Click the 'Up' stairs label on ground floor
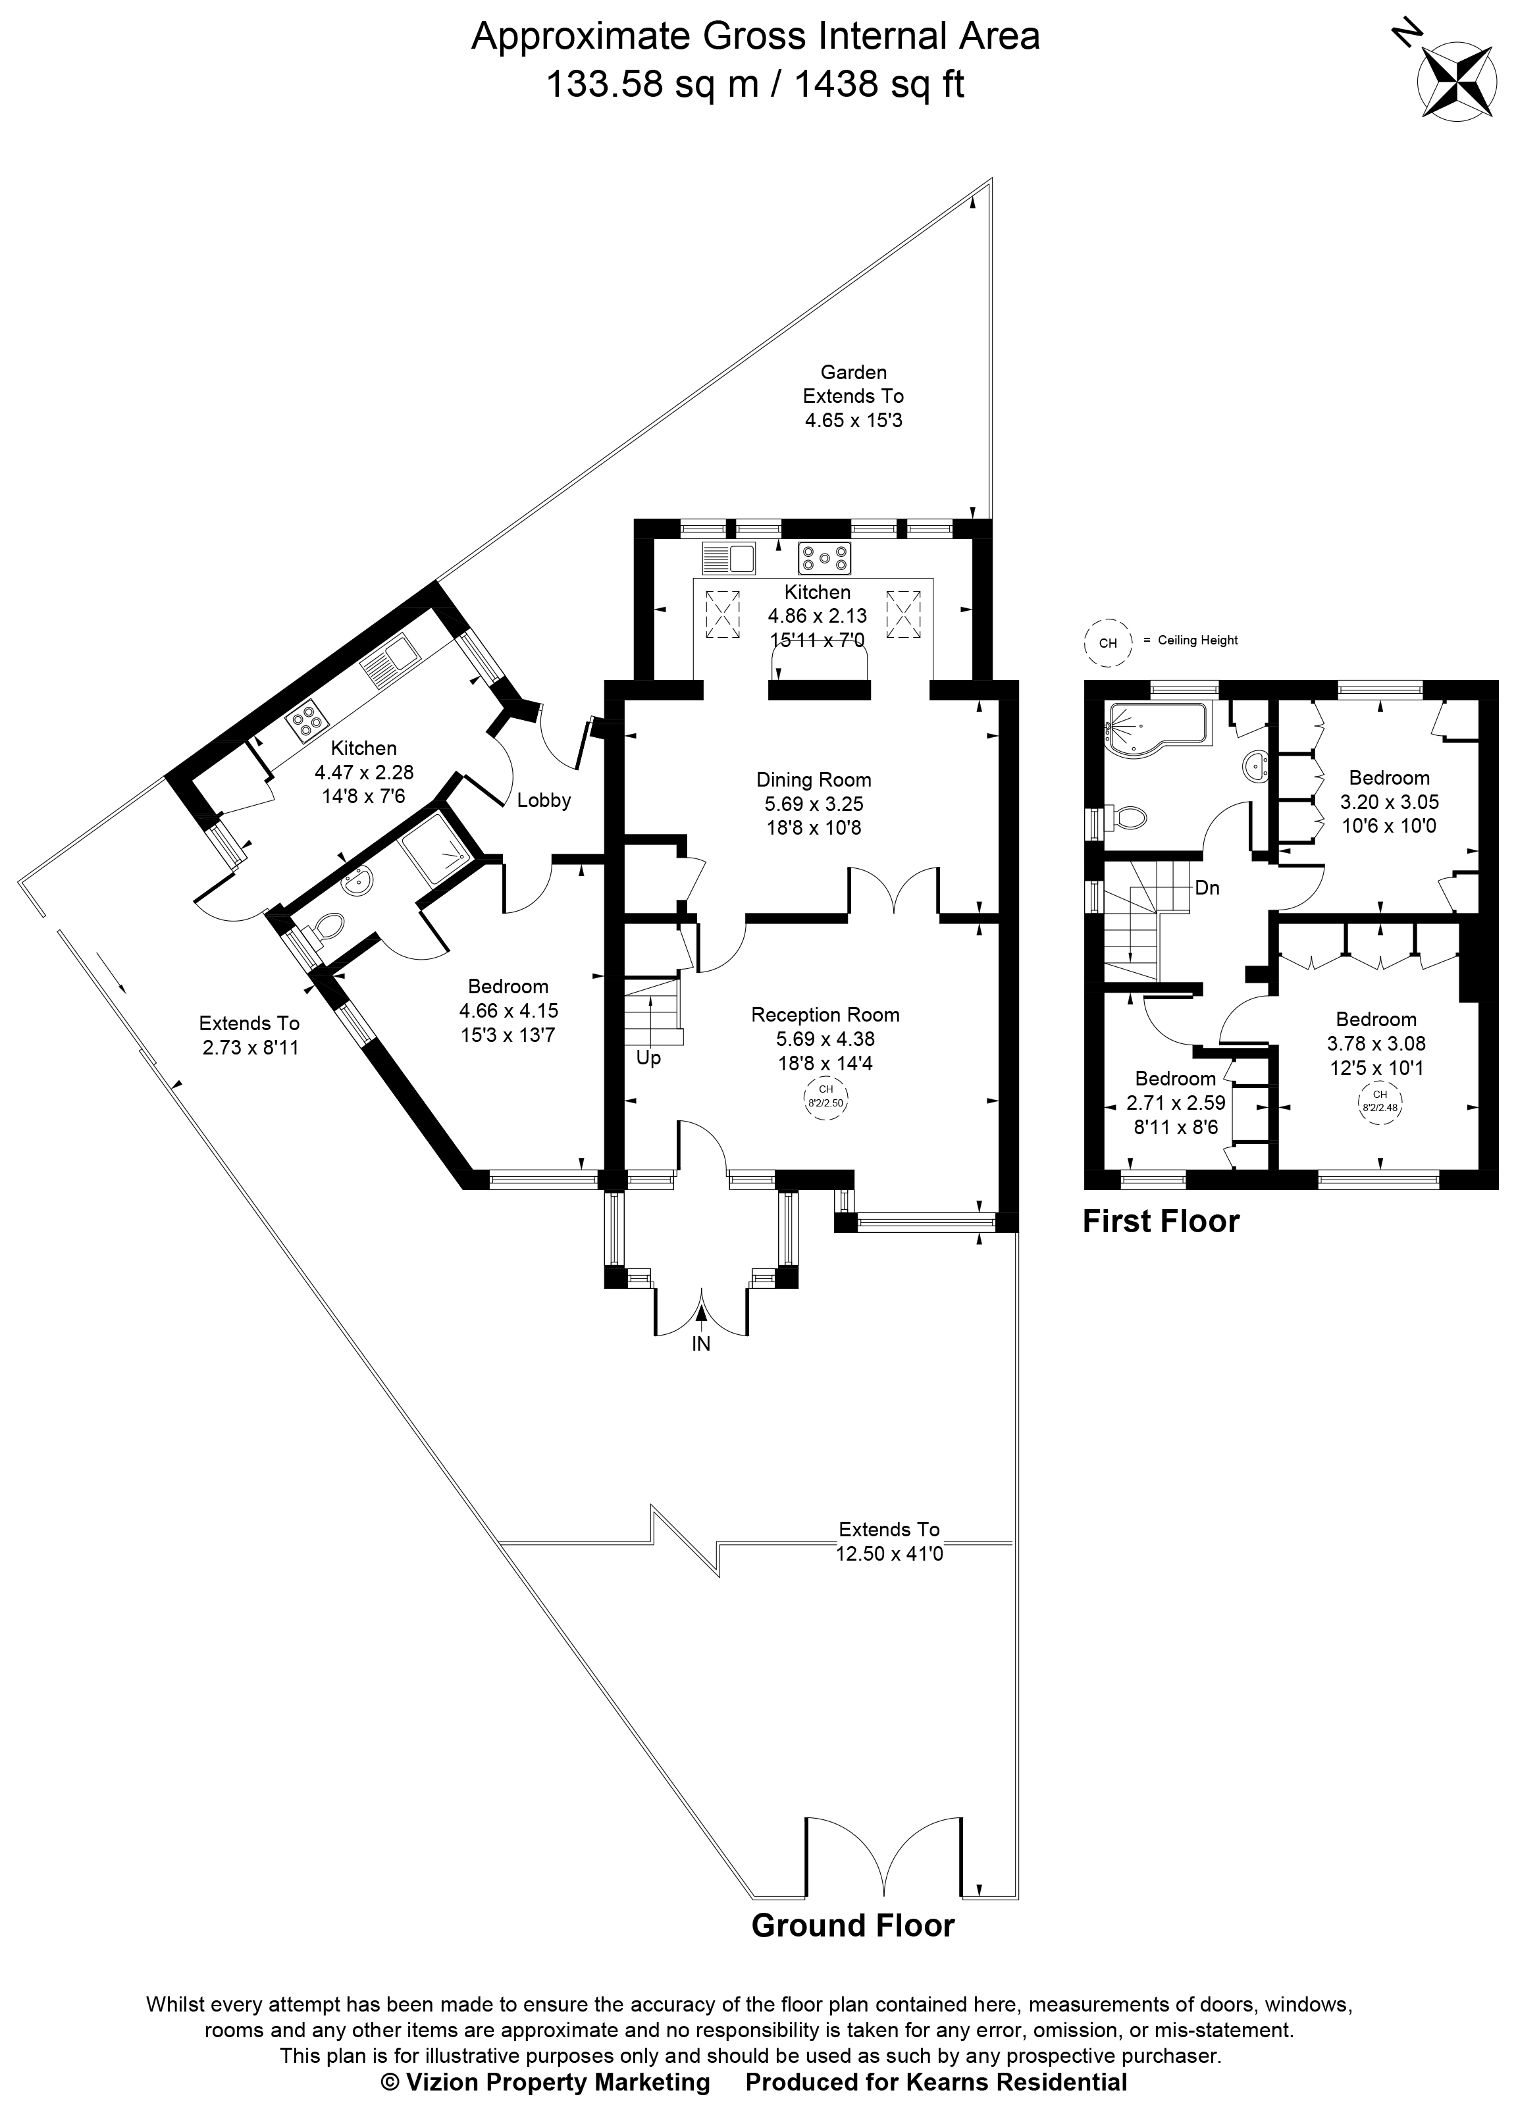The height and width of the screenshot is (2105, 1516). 648,1058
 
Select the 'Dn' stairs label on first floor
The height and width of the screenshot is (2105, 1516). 1207,888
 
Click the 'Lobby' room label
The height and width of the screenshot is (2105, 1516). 544,800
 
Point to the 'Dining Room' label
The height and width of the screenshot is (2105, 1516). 813,779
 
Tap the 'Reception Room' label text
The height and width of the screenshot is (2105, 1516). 825,1014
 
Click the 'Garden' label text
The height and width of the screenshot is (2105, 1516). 853,372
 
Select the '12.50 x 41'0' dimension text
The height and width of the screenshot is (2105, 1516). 889,1553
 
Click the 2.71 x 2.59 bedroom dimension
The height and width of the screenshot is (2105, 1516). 1175,1103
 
